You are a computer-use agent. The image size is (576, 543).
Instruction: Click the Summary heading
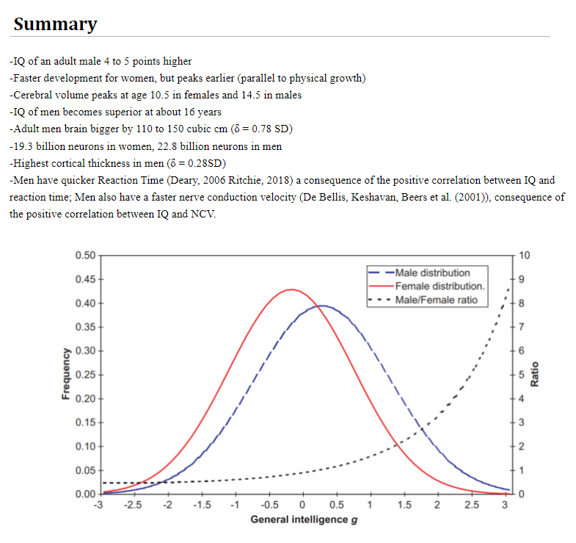coord(55,24)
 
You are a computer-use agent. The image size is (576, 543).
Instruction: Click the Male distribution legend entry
coord(431,273)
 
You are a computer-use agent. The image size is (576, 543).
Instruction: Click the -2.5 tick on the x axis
coord(133,505)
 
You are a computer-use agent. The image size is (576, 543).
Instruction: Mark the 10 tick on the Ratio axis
coord(523,256)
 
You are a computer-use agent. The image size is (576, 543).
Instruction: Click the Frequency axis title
coord(66,374)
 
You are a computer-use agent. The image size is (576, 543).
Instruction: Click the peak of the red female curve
coord(292,290)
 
